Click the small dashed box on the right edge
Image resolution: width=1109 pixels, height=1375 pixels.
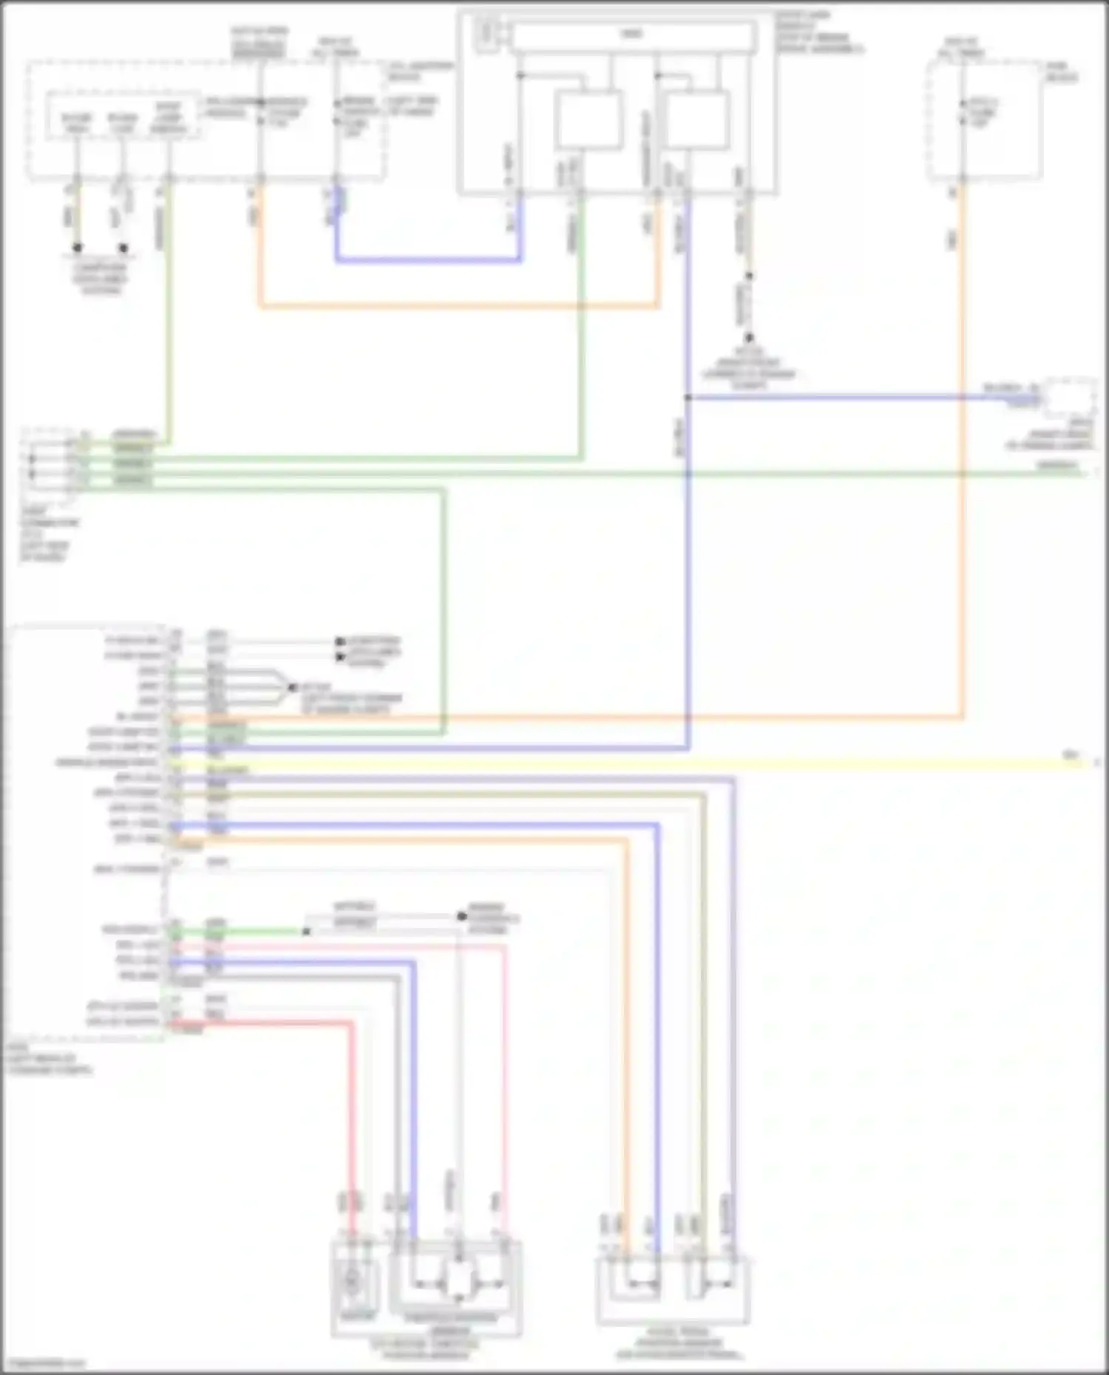point(1069,398)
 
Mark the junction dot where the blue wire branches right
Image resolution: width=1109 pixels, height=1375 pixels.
point(688,398)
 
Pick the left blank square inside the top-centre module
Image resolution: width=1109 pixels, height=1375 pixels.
point(589,120)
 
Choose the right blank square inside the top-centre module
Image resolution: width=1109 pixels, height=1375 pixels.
point(698,120)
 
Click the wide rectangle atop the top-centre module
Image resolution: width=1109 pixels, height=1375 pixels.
point(633,35)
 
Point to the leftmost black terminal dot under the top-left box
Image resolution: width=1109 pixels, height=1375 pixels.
point(77,248)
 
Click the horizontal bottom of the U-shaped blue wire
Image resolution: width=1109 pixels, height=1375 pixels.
point(429,260)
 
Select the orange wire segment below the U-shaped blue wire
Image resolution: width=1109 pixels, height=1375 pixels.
point(458,305)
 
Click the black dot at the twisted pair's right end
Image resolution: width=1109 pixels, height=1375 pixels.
point(462,917)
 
